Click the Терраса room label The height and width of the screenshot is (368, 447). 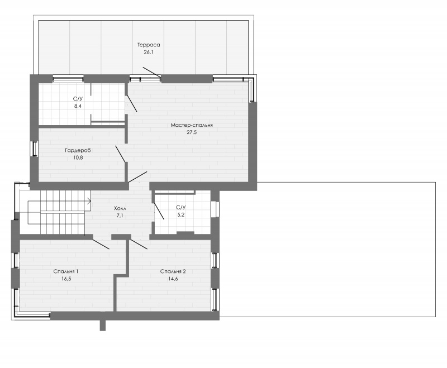149,45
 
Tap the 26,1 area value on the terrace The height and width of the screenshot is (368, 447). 149,52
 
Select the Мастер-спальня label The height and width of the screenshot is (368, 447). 192,125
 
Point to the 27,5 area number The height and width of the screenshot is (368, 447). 192,132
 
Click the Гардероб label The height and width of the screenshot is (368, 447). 78,150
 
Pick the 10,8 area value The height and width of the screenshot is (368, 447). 78,158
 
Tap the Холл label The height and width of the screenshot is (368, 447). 120,208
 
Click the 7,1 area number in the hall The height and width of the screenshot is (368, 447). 120,216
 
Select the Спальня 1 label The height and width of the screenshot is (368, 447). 66,271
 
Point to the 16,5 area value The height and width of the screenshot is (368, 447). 66,279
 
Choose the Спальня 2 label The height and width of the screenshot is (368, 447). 173,271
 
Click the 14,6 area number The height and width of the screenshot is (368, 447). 173,279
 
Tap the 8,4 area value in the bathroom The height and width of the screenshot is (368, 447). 78,106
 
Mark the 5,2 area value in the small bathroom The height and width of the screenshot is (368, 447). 181,215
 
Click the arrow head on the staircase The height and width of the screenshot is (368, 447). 89,201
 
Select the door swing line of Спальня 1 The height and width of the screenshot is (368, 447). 101,244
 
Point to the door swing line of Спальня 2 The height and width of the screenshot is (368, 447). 139,244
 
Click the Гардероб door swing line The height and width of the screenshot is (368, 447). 120,154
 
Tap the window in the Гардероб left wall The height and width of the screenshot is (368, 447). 35,149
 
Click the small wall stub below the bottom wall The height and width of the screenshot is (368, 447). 103,325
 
